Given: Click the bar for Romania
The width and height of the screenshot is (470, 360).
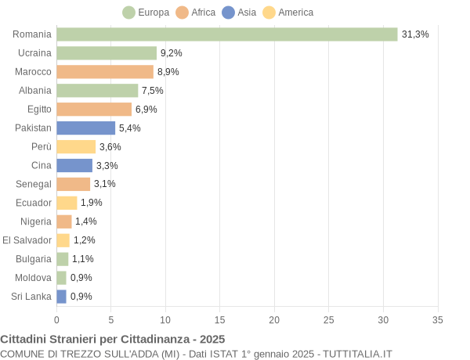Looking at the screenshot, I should point(227,34).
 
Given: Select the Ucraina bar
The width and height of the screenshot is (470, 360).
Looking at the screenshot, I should point(107,53).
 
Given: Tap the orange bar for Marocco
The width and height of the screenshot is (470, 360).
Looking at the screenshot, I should point(105,72).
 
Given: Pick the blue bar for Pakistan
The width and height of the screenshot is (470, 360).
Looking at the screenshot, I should point(85,128).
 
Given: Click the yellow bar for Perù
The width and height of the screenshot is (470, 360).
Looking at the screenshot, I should point(76,146).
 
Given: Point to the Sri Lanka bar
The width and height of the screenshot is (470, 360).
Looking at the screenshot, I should point(61,297).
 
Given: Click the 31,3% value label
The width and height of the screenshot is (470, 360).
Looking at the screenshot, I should point(415,34).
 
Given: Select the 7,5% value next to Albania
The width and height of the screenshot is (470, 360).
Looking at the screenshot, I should point(153,91).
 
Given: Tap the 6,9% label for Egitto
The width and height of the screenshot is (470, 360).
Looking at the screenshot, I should point(146,110).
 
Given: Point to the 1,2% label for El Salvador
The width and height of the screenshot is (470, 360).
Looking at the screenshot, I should point(84,240).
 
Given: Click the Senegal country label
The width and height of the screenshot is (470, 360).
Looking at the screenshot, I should point(34,184).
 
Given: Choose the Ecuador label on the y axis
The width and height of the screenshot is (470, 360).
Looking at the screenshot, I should point(34,203).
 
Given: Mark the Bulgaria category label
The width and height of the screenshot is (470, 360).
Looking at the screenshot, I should point(34,259).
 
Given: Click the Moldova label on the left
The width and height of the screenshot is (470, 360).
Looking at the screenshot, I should point(34,278).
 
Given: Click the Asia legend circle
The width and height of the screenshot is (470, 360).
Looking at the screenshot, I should point(228,13).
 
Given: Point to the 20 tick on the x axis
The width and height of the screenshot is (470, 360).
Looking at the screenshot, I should point(274,320).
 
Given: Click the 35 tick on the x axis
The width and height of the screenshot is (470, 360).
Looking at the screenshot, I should point(438,320).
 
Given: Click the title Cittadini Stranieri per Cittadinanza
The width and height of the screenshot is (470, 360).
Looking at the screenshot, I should point(113,339).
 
